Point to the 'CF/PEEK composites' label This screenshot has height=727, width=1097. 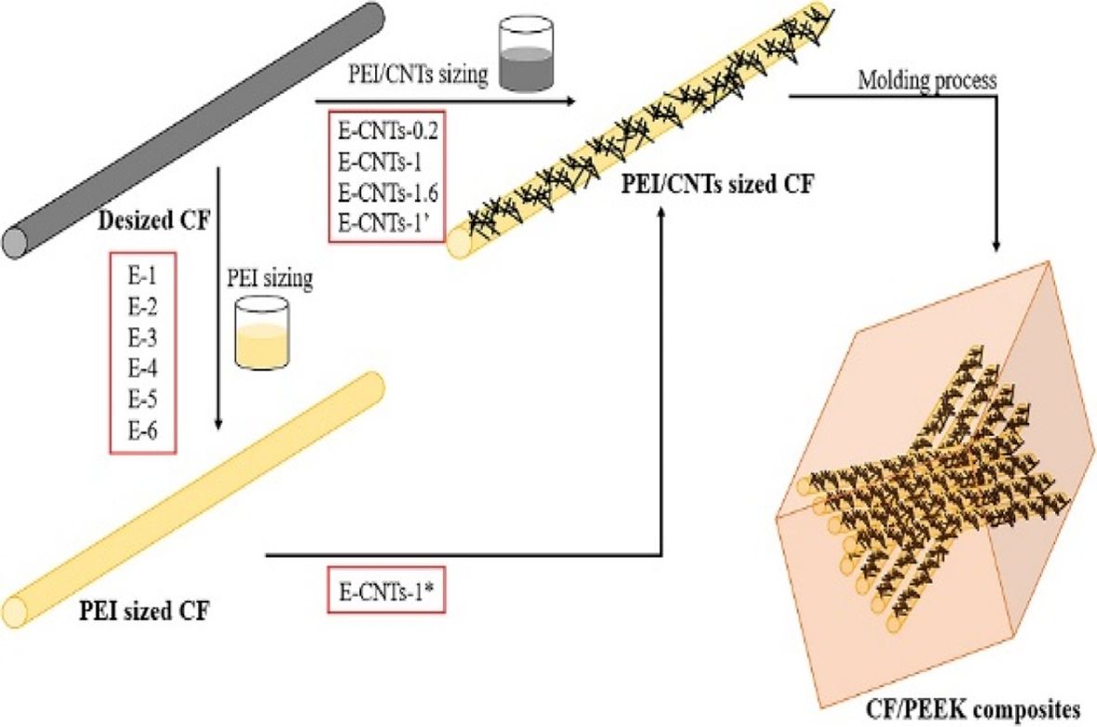(x=979, y=709)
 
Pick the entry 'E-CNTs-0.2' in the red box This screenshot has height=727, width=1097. (x=389, y=130)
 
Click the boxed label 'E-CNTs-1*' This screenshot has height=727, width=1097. (x=381, y=593)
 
